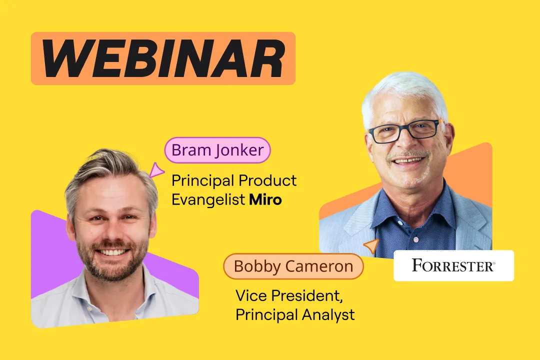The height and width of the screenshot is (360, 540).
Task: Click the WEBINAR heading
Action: tap(163, 58)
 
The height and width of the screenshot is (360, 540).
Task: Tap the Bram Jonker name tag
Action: tap(217, 150)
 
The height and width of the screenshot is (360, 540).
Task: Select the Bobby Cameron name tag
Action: tap(293, 266)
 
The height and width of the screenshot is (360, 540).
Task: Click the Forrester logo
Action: tap(453, 265)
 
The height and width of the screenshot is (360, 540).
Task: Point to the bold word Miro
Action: tap(265, 200)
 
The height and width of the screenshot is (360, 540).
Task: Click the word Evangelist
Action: tap(208, 200)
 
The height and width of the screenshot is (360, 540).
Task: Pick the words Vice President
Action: tap(289, 295)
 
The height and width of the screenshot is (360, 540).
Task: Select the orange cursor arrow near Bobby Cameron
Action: tap(372, 246)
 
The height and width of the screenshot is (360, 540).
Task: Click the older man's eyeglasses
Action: tap(405, 130)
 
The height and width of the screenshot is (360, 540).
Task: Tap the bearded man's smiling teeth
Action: tap(112, 252)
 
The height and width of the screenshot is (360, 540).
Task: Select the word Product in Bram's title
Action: tap(267, 180)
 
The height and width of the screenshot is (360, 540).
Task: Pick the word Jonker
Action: tap(239, 150)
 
